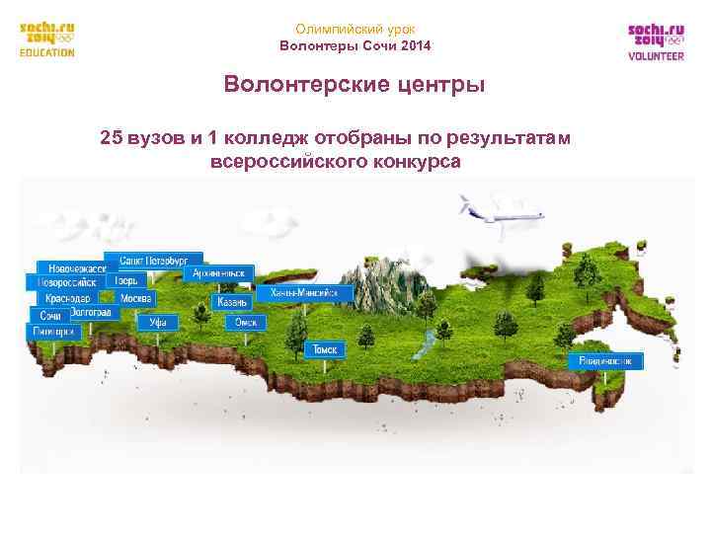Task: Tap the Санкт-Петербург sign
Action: [160, 260]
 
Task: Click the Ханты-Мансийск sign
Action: [305, 293]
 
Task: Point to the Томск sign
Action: [326, 349]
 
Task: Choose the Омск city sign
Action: [245, 322]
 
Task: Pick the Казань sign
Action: [232, 302]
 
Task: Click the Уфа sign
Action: [158, 322]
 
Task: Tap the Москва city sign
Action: [136, 298]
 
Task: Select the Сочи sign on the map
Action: [49, 315]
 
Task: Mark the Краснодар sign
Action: [65, 298]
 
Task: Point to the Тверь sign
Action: [126, 280]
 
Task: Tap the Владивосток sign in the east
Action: [606, 361]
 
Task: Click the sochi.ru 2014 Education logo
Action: [47, 40]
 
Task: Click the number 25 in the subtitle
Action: [112, 137]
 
